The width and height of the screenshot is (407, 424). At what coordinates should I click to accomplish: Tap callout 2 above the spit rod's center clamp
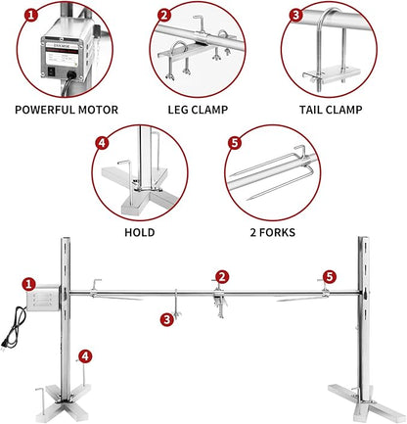(x=222, y=277)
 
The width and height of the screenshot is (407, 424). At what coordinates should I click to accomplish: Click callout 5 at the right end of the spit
(x=329, y=278)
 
